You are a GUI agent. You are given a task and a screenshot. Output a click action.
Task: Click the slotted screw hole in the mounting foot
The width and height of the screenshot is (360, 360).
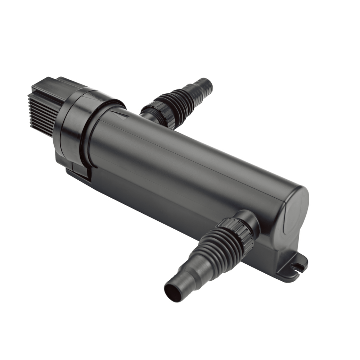[x=297, y=267]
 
